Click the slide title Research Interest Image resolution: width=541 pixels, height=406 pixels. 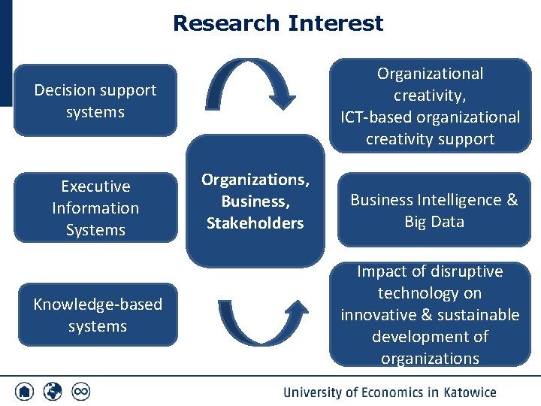click(278, 23)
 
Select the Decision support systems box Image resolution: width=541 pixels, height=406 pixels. click(95, 101)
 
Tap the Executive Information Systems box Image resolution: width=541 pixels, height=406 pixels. click(95, 208)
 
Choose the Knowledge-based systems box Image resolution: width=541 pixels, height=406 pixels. click(98, 315)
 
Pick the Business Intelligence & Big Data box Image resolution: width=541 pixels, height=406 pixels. click(434, 211)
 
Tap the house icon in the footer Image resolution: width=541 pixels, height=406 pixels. click(25, 392)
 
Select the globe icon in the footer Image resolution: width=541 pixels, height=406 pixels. click(53, 392)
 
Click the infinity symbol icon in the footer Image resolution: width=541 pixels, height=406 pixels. click(80, 392)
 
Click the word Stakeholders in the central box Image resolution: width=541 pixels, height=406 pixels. click(255, 223)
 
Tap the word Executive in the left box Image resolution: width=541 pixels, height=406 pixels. click(95, 186)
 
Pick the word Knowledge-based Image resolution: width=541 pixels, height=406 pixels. click(98, 304)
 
